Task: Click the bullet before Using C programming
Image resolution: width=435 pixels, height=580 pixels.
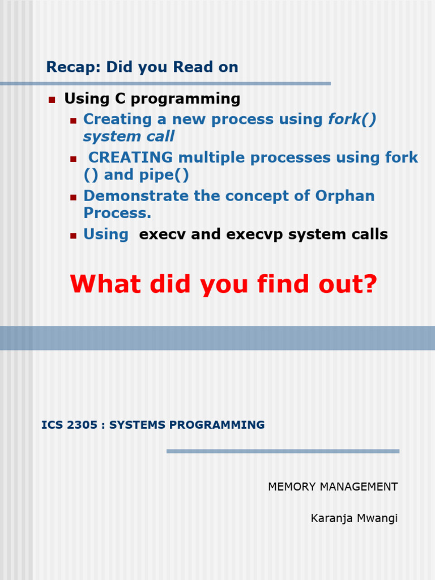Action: coord(52,100)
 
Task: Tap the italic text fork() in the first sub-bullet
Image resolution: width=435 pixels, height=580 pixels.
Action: coord(352,120)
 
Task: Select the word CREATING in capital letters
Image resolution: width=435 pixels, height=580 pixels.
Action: coord(131,157)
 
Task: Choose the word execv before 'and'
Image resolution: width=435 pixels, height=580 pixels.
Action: coord(163,234)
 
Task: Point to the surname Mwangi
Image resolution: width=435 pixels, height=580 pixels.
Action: coord(378,518)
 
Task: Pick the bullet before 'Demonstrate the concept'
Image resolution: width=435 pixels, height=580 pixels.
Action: coord(73,198)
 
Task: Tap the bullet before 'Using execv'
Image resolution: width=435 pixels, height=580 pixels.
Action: coord(73,236)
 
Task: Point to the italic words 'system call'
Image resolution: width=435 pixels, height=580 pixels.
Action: coord(129,137)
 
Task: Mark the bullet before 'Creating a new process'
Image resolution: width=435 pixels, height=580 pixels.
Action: coord(73,121)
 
